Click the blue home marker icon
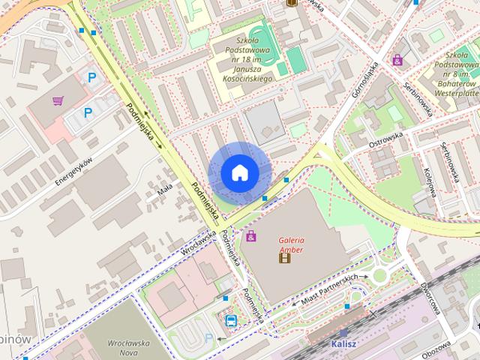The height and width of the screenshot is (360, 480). [239, 172]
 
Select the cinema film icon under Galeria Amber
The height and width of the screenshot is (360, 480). [284, 259]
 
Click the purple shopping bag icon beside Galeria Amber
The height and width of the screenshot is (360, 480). [251, 236]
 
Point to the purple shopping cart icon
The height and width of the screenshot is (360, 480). [58, 100]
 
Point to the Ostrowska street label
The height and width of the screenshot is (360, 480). [386, 139]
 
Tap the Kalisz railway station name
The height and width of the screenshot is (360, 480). [343, 344]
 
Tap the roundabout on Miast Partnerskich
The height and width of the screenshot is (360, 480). [379, 275]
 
